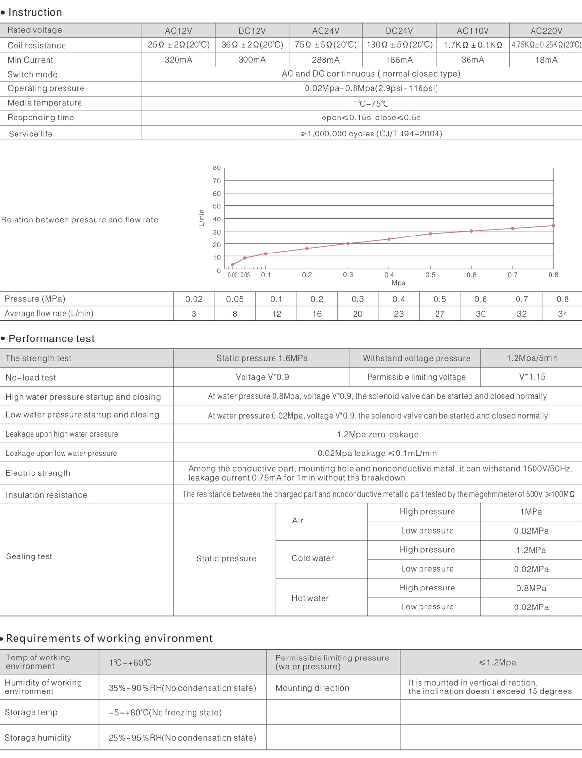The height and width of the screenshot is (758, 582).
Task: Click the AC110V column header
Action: pyautogui.click(x=472, y=31)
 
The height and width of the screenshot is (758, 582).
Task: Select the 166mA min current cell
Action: pyautogui.click(x=399, y=60)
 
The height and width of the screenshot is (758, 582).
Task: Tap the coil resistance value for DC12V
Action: pyautogui.click(x=252, y=45)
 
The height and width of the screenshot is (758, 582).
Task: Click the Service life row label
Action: pyautogui.click(x=31, y=134)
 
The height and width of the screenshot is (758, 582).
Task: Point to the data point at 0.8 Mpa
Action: pyautogui.click(x=553, y=226)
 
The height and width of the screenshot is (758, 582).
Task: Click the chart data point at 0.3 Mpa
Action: pyautogui.click(x=348, y=243)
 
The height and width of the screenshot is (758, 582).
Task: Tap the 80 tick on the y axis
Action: pyautogui.click(x=217, y=168)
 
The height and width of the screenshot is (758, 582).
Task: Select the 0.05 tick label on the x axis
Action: pyautogui.click(x=245, y=275)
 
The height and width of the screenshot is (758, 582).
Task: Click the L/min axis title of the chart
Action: pyautogui.click(x=202, y=218)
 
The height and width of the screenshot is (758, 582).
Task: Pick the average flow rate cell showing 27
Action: pyautogui.click(x=439, y=314)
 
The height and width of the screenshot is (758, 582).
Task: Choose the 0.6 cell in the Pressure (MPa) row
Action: pyautogui.click(x=480, y=299)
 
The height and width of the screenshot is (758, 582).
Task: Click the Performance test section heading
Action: pyautogui.click(x=51, y=338)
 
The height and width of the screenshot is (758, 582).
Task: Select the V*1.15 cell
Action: pyautogui.click(x=532, y=377)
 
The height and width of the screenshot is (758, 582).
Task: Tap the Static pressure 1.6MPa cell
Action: pyautogui.click(x=262, y=358)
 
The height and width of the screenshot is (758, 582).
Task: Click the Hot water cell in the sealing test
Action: pyautogui.click(x=310, y=598)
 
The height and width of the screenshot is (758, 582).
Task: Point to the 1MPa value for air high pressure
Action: pyautogui.click(x=531, y=512)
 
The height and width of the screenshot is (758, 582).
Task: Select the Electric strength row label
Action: pyautogui.click(x=38, y=473)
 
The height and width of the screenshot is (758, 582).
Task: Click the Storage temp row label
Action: pyautogui.click(x=31, y=712)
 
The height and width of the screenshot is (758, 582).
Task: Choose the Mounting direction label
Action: pyautogui.click(x=312, y=688)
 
